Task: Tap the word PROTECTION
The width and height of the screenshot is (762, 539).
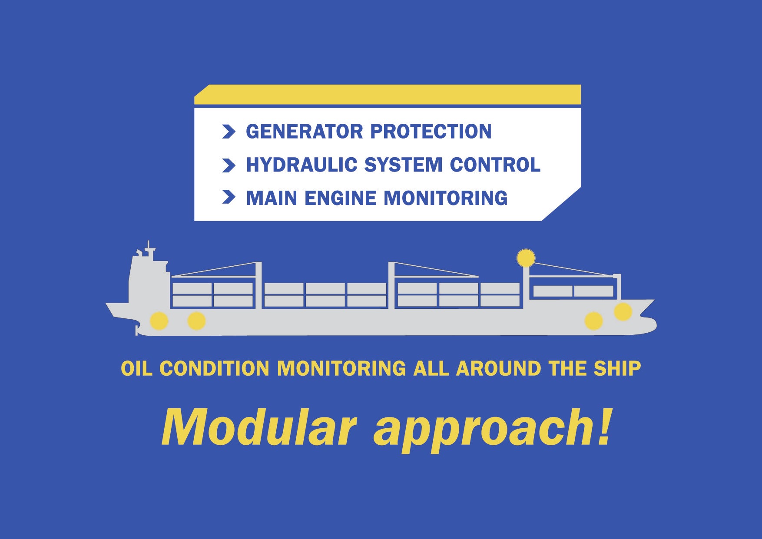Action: [x=431, y=132]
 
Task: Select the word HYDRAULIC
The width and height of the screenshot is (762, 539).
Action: [x=301, y=165]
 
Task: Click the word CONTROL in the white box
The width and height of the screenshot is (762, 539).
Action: [x=495, y=165]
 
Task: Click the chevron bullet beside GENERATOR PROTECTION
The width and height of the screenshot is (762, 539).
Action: [x=229, y=132]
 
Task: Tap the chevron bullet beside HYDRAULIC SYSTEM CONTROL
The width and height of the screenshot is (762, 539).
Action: [x=229, y=165]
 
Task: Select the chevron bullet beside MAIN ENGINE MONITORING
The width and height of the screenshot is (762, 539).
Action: [x=229, y=197]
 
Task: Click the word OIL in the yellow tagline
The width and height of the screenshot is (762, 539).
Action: [x=136, y=369]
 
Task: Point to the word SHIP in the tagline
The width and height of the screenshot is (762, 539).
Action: [x=617, y=369]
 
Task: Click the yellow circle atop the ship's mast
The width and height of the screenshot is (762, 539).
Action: [x=526, y=258]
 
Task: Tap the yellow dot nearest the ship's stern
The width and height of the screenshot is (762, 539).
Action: [x=159, y=321]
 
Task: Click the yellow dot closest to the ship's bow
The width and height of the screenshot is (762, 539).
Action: [x=623, y=312]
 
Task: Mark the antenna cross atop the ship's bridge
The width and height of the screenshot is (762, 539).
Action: [x=149, y=249]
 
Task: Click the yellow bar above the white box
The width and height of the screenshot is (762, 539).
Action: [x=388, y=95]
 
